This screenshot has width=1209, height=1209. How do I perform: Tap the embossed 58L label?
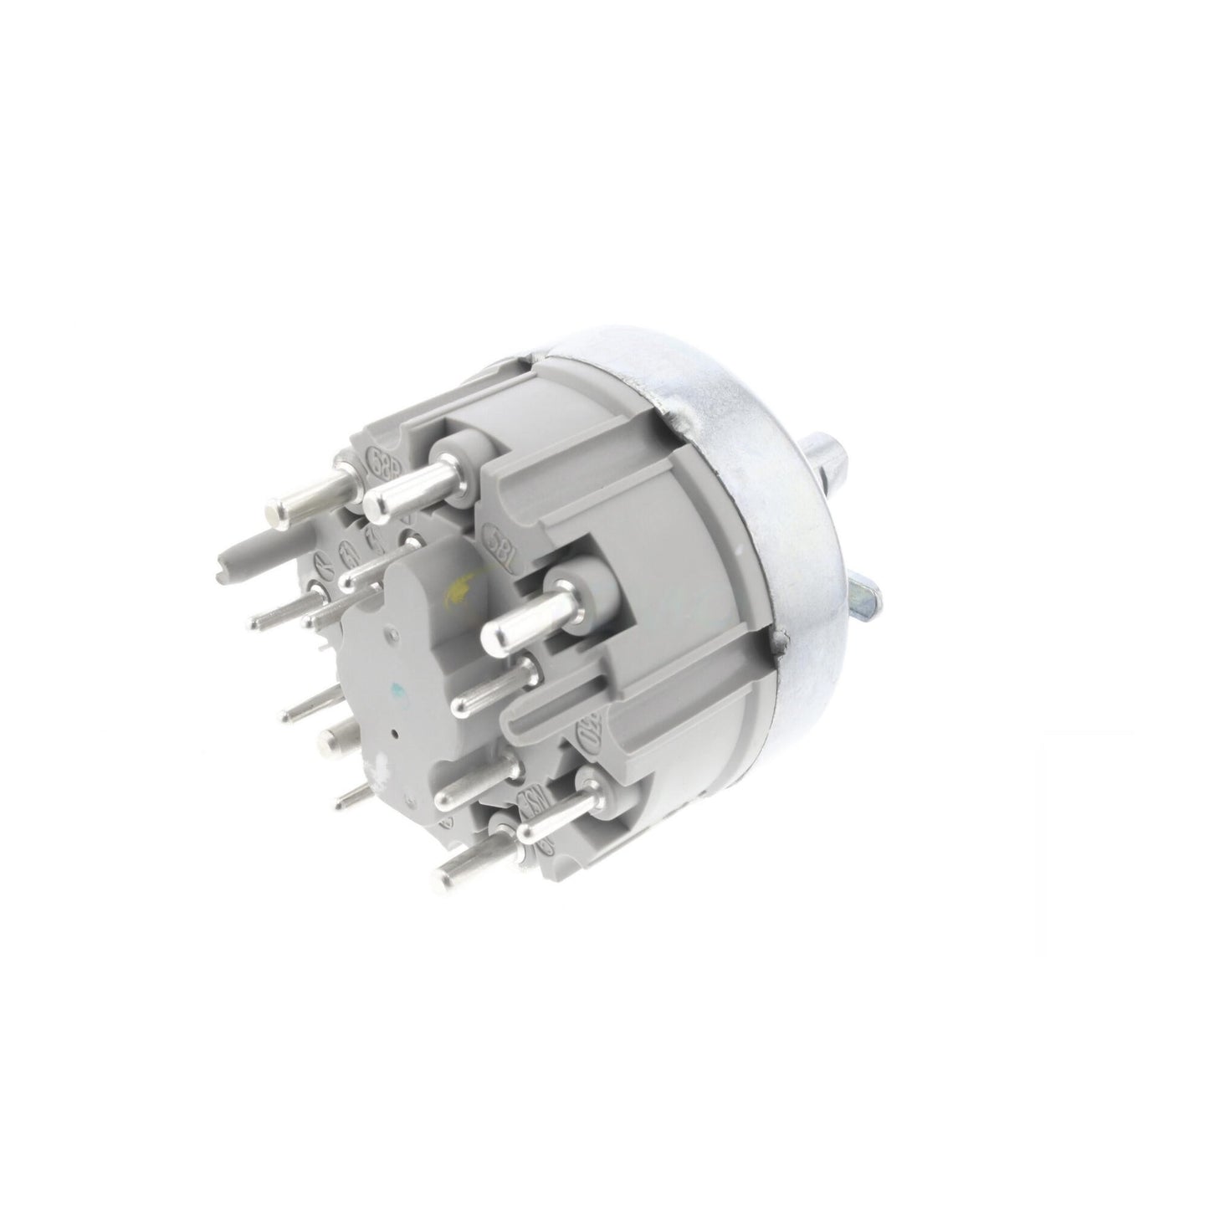(x=499, y=545)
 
